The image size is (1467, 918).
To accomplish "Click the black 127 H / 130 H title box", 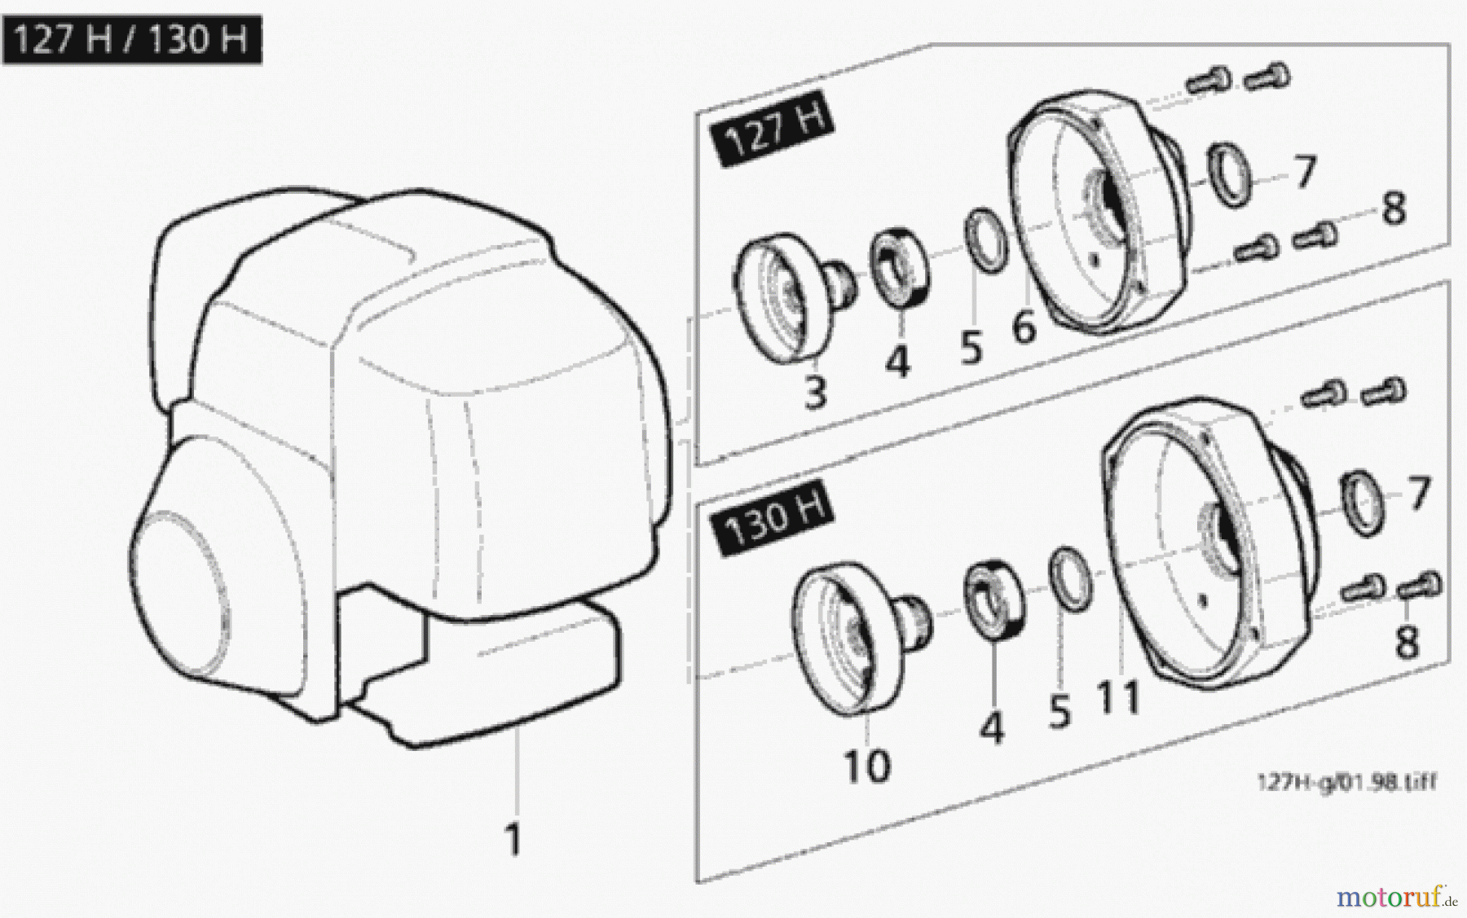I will coord(132,39).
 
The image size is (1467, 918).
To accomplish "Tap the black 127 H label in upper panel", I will coord(772,130).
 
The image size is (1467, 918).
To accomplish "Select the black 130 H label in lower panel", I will coord(773,519).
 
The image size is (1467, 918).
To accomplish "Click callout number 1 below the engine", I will coord(513,838).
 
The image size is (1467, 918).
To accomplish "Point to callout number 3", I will coord(816,393).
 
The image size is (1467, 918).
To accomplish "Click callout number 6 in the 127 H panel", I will coord(1024,327).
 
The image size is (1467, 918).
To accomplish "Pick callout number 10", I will coord(867,766).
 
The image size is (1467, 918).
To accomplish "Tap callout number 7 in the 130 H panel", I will coord(1419,493).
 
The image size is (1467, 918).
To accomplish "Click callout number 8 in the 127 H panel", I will coord(1394,209).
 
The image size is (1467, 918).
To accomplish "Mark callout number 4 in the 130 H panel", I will coord(991,727).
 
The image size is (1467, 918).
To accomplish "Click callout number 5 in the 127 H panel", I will coord(971,348).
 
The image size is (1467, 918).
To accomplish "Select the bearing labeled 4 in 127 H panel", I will coord(901,267).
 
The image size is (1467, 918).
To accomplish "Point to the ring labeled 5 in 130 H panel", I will coord(1070,578).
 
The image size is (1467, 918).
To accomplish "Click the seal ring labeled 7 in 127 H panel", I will coord(1230,174).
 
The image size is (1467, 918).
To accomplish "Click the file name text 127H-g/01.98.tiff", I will coord(1346,783).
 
